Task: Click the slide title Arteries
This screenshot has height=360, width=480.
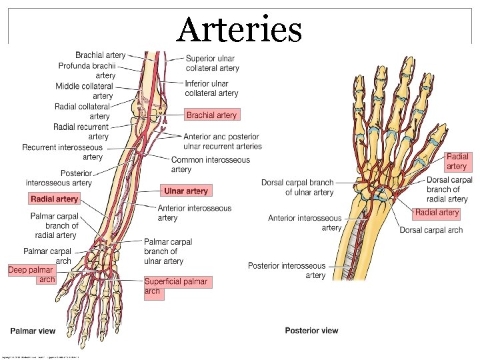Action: tap(240, 30)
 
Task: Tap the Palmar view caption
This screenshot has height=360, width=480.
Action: tap(33, 331)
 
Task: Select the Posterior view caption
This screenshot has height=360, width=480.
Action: tap(311, 331)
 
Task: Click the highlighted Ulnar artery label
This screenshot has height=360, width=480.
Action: tap(186, 191)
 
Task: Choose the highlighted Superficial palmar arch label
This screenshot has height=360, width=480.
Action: tap(175, 287)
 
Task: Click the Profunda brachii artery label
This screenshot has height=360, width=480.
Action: tap(87, 71)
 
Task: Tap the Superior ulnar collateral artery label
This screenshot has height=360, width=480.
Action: tap(212, 63)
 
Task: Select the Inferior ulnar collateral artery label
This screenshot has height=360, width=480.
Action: tap(211, 88)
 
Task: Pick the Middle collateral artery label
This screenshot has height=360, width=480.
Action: tap(85, 91)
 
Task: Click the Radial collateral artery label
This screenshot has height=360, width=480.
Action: tap(83, 111)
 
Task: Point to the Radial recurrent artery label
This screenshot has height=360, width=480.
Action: tap(81, 132)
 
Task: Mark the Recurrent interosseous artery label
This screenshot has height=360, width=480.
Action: tap(63, 152)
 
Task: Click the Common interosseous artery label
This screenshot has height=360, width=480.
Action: tap(210, 165)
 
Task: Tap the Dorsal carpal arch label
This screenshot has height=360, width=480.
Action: tap(431, 230)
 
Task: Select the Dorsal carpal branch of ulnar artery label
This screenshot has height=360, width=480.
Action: tap(297, 187)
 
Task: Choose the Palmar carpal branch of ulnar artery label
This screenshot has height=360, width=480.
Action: tap(168, 251)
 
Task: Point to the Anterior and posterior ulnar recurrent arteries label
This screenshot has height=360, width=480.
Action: tap(223, 141)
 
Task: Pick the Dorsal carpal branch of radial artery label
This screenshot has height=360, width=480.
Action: tap(449, 189)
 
